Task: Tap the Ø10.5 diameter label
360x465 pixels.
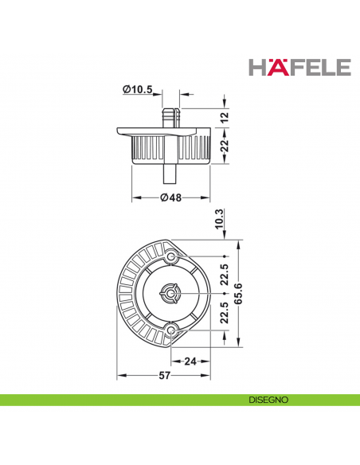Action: click(x=137, y=89)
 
